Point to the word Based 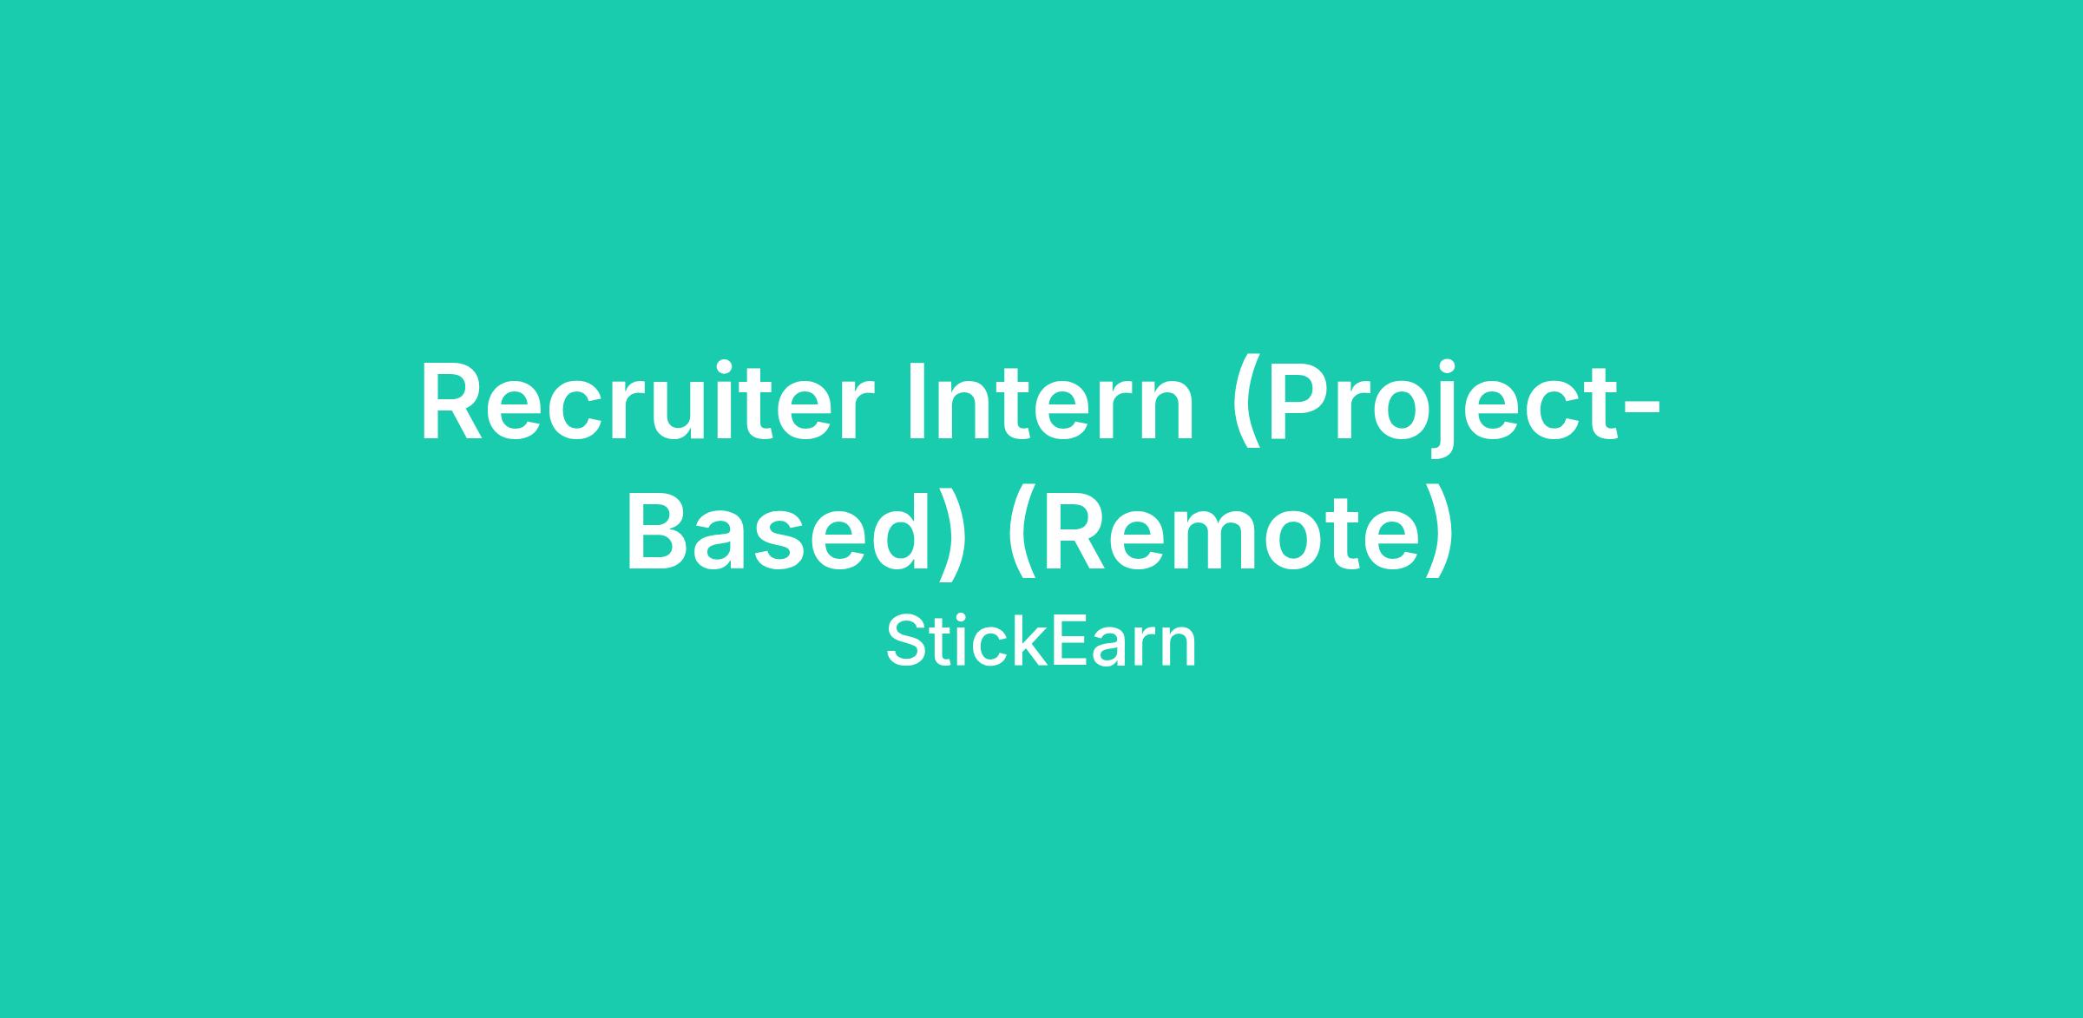click(x=784, y=532)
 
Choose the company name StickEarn click(x=1041, y=643)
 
